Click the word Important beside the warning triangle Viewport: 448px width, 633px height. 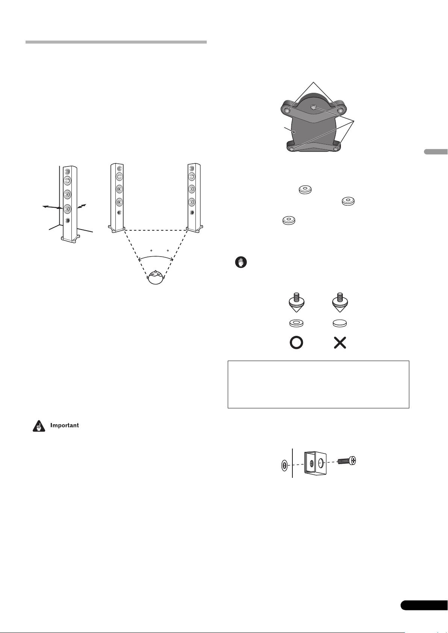tap(65, 426)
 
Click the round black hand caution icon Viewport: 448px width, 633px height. tap(240, 263)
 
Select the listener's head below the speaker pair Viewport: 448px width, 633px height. tap(155, 278)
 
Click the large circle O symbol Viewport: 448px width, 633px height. tap(296, 343)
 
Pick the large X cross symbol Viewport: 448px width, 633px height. tap(340, 343)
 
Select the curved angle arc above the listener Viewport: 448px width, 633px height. tap(156, 257)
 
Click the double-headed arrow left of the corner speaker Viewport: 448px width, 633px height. tap(52, 207)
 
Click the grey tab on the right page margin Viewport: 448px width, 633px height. tap(436, 152)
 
